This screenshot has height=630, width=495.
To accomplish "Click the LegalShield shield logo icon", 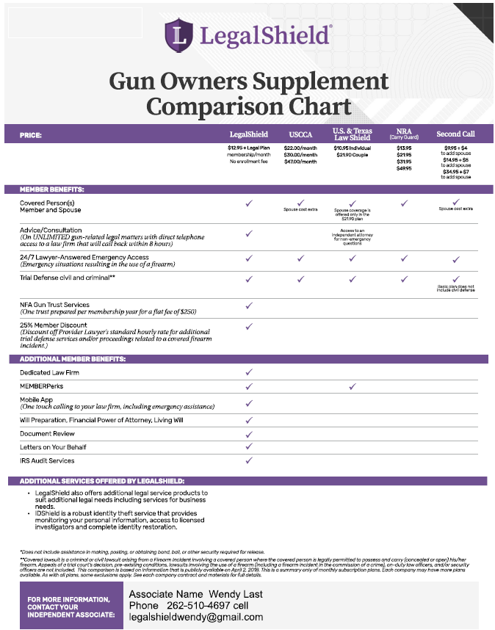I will click(x=179, y=34).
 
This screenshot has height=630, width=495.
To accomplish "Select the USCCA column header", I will click(x=300, y=134).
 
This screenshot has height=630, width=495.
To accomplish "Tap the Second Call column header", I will click(x=455, y=134).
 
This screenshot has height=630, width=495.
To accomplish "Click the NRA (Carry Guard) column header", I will click(x=403, y=134).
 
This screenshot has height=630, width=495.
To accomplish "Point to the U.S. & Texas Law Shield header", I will click(x=352, y=134).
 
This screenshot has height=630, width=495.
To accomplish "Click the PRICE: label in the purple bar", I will click(x=31, y=135).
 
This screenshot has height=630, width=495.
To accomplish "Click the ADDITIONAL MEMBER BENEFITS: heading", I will click(x=73, y=359).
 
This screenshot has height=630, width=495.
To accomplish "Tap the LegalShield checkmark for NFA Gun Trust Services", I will click(x=248, y=305).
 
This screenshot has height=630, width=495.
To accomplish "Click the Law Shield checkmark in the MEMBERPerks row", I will click(x=352, y=386).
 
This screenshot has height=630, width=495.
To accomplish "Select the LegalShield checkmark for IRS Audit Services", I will click(x=248, y=460).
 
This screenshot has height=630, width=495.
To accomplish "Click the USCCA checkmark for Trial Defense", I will click(x=300, y=279).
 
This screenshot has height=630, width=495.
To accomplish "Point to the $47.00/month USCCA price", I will click(x=300, y=162).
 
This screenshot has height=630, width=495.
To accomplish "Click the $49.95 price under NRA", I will click(x=404, y=168).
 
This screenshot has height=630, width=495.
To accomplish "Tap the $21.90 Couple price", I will click(x=352, y=155).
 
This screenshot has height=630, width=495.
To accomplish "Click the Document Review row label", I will click(x=47, y=434).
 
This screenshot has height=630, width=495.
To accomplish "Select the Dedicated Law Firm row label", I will click(x=50, y=373).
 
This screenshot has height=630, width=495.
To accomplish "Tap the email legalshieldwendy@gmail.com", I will click(x=195, y=617).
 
